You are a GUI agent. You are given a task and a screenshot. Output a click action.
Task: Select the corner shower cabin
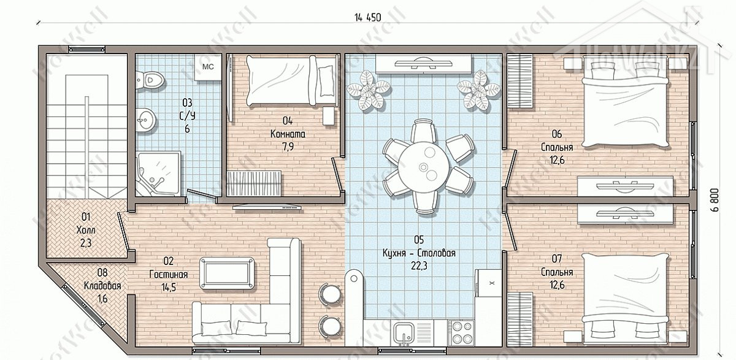pyautogui.click(x=158, y=174)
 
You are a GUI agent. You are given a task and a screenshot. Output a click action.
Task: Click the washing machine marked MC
pyautogui.click(x=208, y=67)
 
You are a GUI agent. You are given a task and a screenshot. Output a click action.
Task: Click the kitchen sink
pyautogui.click(x=405, y=332)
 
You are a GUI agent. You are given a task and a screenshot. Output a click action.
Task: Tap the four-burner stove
pyautogui.click(x=462, y=332)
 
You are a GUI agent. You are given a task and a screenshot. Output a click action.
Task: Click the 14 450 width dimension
pyautogui.click(x=367, y=17)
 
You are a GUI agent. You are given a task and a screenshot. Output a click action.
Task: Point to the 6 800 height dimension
pyautogui.click(x=723, y=200)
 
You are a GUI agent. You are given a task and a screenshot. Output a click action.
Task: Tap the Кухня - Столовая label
pyautogui.click(x=419, y=253)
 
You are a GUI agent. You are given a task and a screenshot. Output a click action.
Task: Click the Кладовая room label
pyautogui.click(x=102, y=286)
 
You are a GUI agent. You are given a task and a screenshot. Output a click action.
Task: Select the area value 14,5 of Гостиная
pyautogui.click(x=169, y=288)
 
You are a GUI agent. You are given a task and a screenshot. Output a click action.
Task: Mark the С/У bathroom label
pyautogui.click(x=187, y=116)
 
